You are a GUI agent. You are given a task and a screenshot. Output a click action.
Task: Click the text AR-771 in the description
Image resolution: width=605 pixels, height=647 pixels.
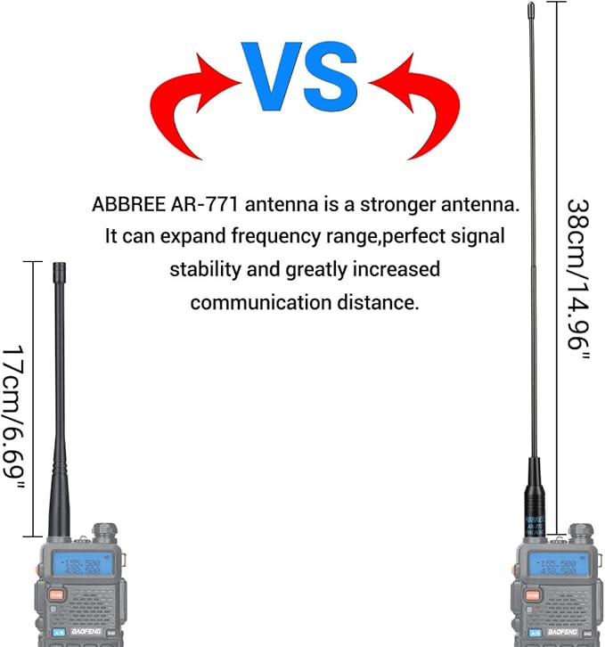pos(203,205)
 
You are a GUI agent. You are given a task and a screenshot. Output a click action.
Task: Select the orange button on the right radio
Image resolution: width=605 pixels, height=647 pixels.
pos(532,594)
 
